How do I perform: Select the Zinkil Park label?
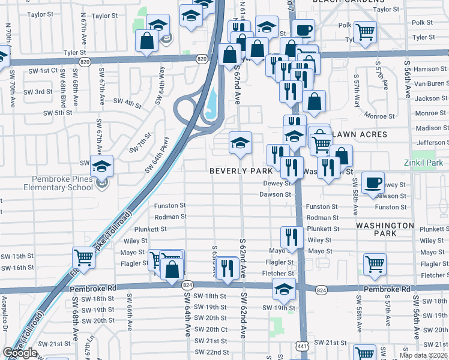click(424, 162)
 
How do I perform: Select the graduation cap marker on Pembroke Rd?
click(284, 290)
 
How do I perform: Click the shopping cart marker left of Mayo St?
click(83, 259)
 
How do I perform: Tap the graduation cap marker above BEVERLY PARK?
click(240, 143)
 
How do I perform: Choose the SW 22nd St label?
click(212, 352)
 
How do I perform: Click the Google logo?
click(20, 353)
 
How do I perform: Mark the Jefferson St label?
click(432, 142)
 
